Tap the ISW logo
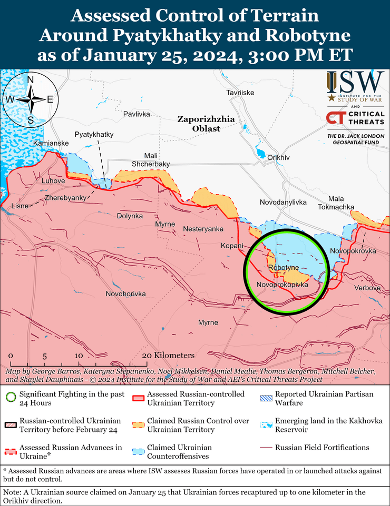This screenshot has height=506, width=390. coord(354,86)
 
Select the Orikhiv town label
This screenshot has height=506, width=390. coord(278,157)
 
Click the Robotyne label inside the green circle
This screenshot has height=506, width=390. coord(283,268)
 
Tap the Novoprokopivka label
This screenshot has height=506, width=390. coord(282,285)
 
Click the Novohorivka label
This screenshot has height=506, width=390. coord(125,294)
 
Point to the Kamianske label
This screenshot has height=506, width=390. coord(50,143)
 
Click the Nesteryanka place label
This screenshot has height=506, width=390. coord(203,229)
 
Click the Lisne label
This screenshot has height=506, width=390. coord(20,206)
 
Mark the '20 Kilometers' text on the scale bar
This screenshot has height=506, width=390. coord(168,356)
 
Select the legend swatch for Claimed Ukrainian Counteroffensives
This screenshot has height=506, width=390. coord(138,452)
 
